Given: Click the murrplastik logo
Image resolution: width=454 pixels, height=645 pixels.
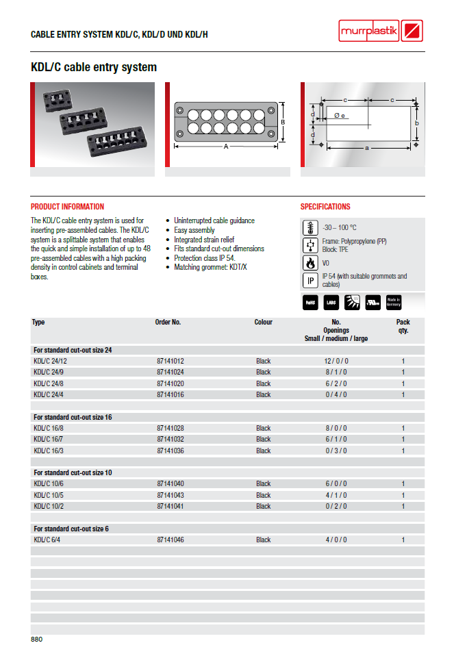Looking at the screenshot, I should (381, 31).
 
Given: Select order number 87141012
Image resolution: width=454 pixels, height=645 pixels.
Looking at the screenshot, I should (171, 361).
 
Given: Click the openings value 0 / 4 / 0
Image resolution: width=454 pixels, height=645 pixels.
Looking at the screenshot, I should (336, 394).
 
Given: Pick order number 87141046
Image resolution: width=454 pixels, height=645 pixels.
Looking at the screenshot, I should (171, 540).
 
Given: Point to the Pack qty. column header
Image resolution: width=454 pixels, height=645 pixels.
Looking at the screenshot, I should (403, 326).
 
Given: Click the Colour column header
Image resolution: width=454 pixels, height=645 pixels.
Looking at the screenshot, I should (263, 322).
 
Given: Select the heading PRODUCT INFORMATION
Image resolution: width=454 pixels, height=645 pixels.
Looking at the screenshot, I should (68, 207).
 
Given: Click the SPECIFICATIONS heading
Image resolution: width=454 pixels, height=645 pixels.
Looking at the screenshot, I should (325, 207).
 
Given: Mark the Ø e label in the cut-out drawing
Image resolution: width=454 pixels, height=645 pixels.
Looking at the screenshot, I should (340, 116).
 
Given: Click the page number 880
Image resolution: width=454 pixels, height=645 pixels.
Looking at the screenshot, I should (37, 639).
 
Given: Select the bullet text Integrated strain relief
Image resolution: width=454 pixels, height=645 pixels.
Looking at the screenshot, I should (203, 240).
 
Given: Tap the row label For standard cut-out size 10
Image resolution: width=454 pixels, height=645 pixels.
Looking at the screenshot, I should (73, 472).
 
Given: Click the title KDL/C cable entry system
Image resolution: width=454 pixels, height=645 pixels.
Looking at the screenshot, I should (94, 68).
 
